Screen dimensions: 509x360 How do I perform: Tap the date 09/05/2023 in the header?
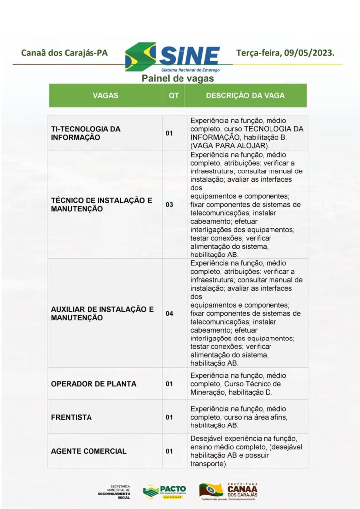point(309,52)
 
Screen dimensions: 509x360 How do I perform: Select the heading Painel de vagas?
point(178,78)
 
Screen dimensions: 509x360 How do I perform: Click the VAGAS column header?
point(105,95)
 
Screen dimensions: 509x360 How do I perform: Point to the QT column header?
point(173,95)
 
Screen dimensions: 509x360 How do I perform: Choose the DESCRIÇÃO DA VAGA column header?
point(245,95)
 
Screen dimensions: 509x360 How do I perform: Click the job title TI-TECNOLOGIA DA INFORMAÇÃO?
point(86,133)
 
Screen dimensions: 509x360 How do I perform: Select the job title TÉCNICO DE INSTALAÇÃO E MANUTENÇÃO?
point(101,204)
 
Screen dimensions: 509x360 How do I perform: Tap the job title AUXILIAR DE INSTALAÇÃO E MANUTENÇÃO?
point(102,313)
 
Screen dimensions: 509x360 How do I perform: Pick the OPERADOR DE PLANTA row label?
point(93,384)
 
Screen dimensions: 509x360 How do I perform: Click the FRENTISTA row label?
point(71,417)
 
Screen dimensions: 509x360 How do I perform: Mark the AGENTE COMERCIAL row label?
point(89,451)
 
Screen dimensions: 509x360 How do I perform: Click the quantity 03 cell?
point(169,204)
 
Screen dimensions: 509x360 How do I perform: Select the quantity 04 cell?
point(169,313)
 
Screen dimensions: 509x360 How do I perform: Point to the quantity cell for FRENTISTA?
point(169,417)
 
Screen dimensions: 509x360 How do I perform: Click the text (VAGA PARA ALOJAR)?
point(229,145)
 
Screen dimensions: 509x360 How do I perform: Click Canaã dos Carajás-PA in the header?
point(65,53)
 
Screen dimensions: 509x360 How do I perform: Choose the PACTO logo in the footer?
point(164,490)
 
